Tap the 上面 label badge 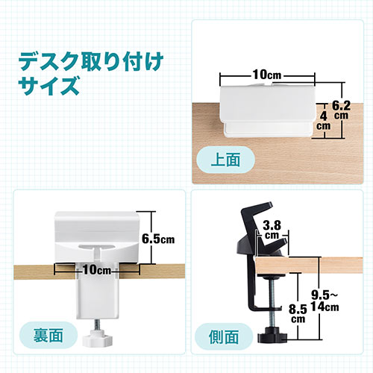tap(225, 160)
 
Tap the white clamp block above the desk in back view tap(95, 231)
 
